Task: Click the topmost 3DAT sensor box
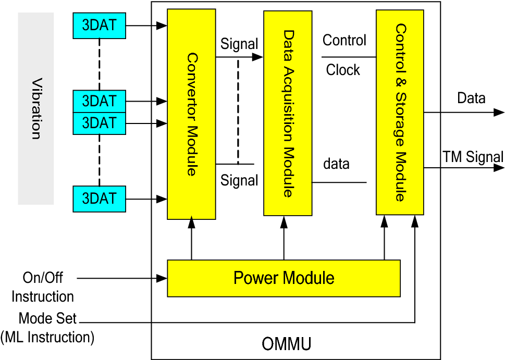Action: click(x=99, y=26)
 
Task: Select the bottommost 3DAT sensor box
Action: click(x=99, y=199)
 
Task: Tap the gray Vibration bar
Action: click(x=36, y=108)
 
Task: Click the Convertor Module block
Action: click(x=191, y=114)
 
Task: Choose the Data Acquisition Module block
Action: click(x=288, y=113)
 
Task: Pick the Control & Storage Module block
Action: click(x=400, y=113)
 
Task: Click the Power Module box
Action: click(x=284, y=278)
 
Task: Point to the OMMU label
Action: click(x=286, y=344)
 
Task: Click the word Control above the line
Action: click(x=344, y=40)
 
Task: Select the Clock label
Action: click(x=343, y=70)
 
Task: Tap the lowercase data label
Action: click(x=337, y=164)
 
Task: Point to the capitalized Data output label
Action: click(x=471, y=98)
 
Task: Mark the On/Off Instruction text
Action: click(x=43, y=287)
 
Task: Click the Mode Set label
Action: click(x=47, y=318)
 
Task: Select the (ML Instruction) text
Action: click(x=47, y=337)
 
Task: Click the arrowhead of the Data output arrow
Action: click(x=499, y=112)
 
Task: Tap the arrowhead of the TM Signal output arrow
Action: click(x=499, y=168)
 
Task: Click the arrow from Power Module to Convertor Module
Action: click(x=191, y=240)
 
